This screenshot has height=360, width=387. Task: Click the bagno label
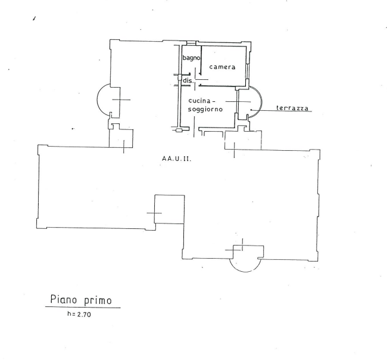[x=191, y=58]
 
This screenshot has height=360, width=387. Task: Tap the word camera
[x=222, y=67]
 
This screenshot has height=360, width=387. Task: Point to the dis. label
[x=188, y=80]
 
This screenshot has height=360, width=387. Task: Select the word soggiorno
[x=205, y=109]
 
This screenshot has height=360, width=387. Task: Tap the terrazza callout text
[x=292, y=108]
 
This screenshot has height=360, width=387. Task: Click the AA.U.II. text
[x=176, y=159]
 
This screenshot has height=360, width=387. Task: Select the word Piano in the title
[x=64, y=299]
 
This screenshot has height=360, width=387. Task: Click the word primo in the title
[x=98, y=300]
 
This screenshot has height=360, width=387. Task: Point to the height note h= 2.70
[x=79, y=314]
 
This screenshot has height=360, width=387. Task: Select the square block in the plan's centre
[x=170, y=209]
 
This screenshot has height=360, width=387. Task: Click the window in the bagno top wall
[x=191, y=44]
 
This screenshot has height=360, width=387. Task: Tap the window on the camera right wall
[x=247, y=72]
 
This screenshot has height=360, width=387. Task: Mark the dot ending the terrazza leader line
[x=251, y=110]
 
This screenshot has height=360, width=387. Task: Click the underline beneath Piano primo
[x=83, y=308]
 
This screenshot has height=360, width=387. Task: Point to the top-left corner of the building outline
[x=110, y=39]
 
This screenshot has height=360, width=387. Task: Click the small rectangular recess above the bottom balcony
[x=248, y=252]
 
